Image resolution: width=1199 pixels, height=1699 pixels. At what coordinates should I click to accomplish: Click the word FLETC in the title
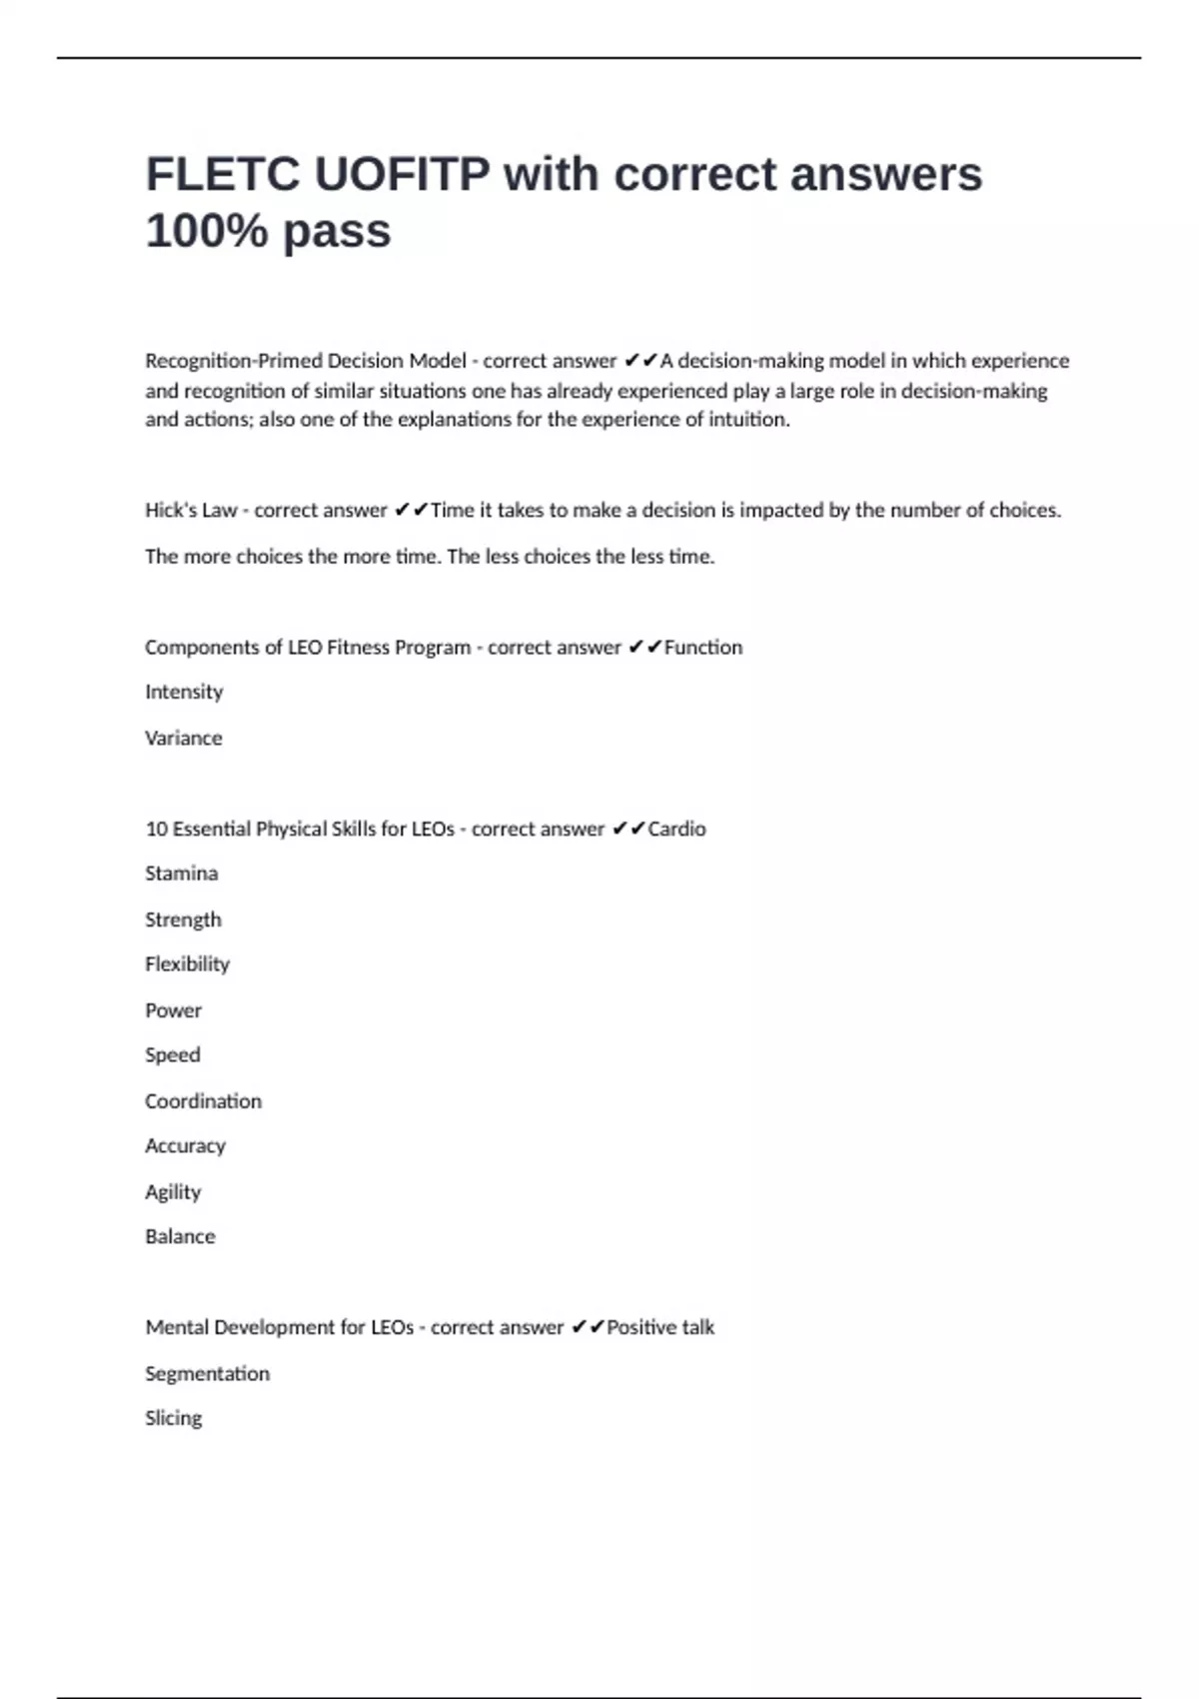(223, 175)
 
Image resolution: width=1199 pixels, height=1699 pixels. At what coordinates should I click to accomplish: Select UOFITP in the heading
(403, 175)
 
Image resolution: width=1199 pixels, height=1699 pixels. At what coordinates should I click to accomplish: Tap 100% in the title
(207, 231)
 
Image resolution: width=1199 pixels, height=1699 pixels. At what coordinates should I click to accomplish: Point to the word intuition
(748, 420)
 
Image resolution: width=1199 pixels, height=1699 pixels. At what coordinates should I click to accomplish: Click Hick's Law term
(191, 511)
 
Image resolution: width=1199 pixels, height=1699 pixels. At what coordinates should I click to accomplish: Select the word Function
(703, 648)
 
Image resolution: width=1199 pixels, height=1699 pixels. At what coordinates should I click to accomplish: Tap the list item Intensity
(184, 692)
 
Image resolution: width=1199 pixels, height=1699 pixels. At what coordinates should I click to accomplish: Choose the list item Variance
(184, 739)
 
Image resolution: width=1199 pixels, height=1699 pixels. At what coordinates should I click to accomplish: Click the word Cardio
(676, 830)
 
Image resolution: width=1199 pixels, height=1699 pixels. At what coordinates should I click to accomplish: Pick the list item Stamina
(181, 873)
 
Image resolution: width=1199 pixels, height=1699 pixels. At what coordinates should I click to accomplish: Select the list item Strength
(183, 919)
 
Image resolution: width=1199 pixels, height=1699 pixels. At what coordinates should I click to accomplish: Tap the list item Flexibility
(187, 964)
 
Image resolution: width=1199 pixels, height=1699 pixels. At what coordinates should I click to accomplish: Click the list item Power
(173, 1010)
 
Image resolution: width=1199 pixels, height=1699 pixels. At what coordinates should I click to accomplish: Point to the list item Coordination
(203, 1101)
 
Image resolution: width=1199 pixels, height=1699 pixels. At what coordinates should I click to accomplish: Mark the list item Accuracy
(185, 1146)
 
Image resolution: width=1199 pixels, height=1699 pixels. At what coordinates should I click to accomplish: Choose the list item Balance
(180, 1237)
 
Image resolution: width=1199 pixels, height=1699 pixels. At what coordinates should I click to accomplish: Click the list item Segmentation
(207, 1374)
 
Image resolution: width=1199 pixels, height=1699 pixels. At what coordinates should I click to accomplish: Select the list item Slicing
(173, 1418)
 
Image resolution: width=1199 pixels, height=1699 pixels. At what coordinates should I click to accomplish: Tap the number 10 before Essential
(156, 830)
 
